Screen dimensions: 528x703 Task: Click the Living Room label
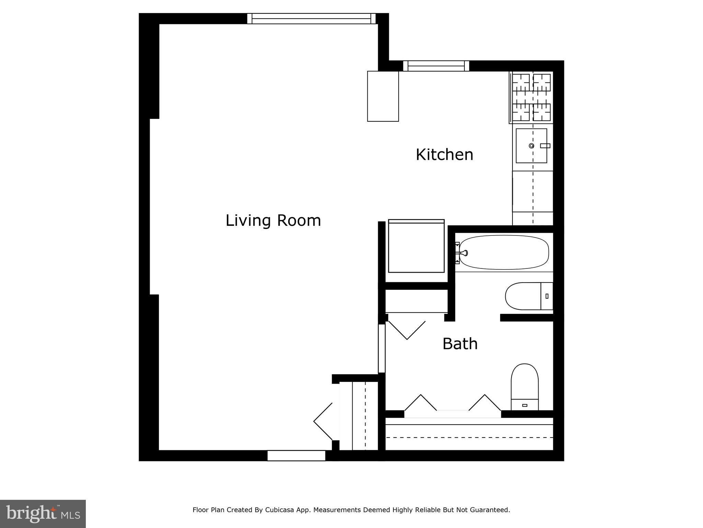pyautogui.click(x=273, y=220)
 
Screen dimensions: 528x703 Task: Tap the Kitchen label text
pyautogui.click(x=444, y=155)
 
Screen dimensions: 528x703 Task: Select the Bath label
pyautogui.click(x=460, y=344)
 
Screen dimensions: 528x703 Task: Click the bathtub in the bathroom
pyautogui.click(x=504, y=253)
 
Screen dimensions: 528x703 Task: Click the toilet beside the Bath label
pyautogui.click(x=525, y=387)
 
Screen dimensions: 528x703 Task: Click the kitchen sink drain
pyautogui.click(x=531, y=146)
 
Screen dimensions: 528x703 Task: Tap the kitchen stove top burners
pyautogui.click(x=531, y=98)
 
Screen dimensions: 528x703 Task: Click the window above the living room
pyautogui.click(x=311, y=19)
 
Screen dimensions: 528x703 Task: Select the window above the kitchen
pyautogui.click(x=436, y=66)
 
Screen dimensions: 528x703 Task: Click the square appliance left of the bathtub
pyautogui.click(x=416, y=247)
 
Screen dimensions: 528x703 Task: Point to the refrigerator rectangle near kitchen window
pyautogui.click(x=383, y=96)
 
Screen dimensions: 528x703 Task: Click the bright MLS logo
pyautogui.click(x=43, y=514)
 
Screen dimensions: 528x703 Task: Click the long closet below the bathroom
pyautogui.click(x=469, y=437)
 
